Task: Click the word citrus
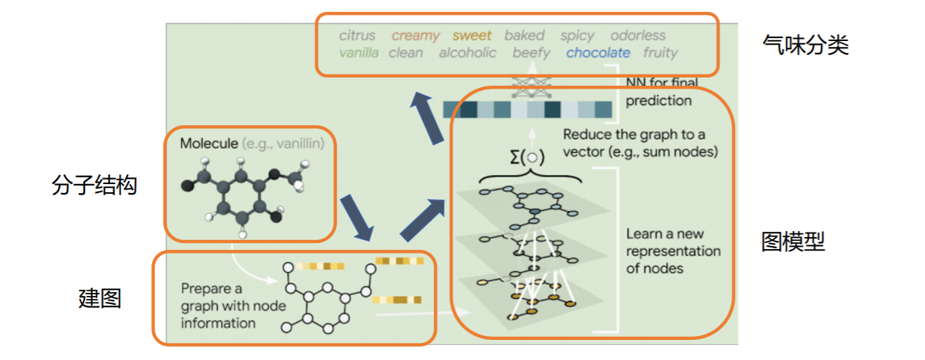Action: pyautogui.click(x=357, y=35)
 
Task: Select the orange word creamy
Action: pyautogui.click(x=415, y=35)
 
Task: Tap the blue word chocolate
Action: pyautogui.click(x=598, y=53)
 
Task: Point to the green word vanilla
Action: pyautogui.click(x=359, y=53)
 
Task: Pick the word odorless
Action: pyautogui.click(x=637, y=35)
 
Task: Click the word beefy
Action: pyautogui.click(x=531, y=53)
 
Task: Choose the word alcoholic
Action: pyautogui.click(x=467, y=53)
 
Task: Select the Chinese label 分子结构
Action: pyautogui.click(x=95, y=186)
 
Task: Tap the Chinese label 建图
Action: pyautogui.click(x=100, y=298)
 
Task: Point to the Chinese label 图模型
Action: pyautogui.click(x=793, y=241)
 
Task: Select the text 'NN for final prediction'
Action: pyautogui.click(x=659, y=92)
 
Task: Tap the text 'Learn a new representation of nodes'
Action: pyautogui.click(x=673, y=250)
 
